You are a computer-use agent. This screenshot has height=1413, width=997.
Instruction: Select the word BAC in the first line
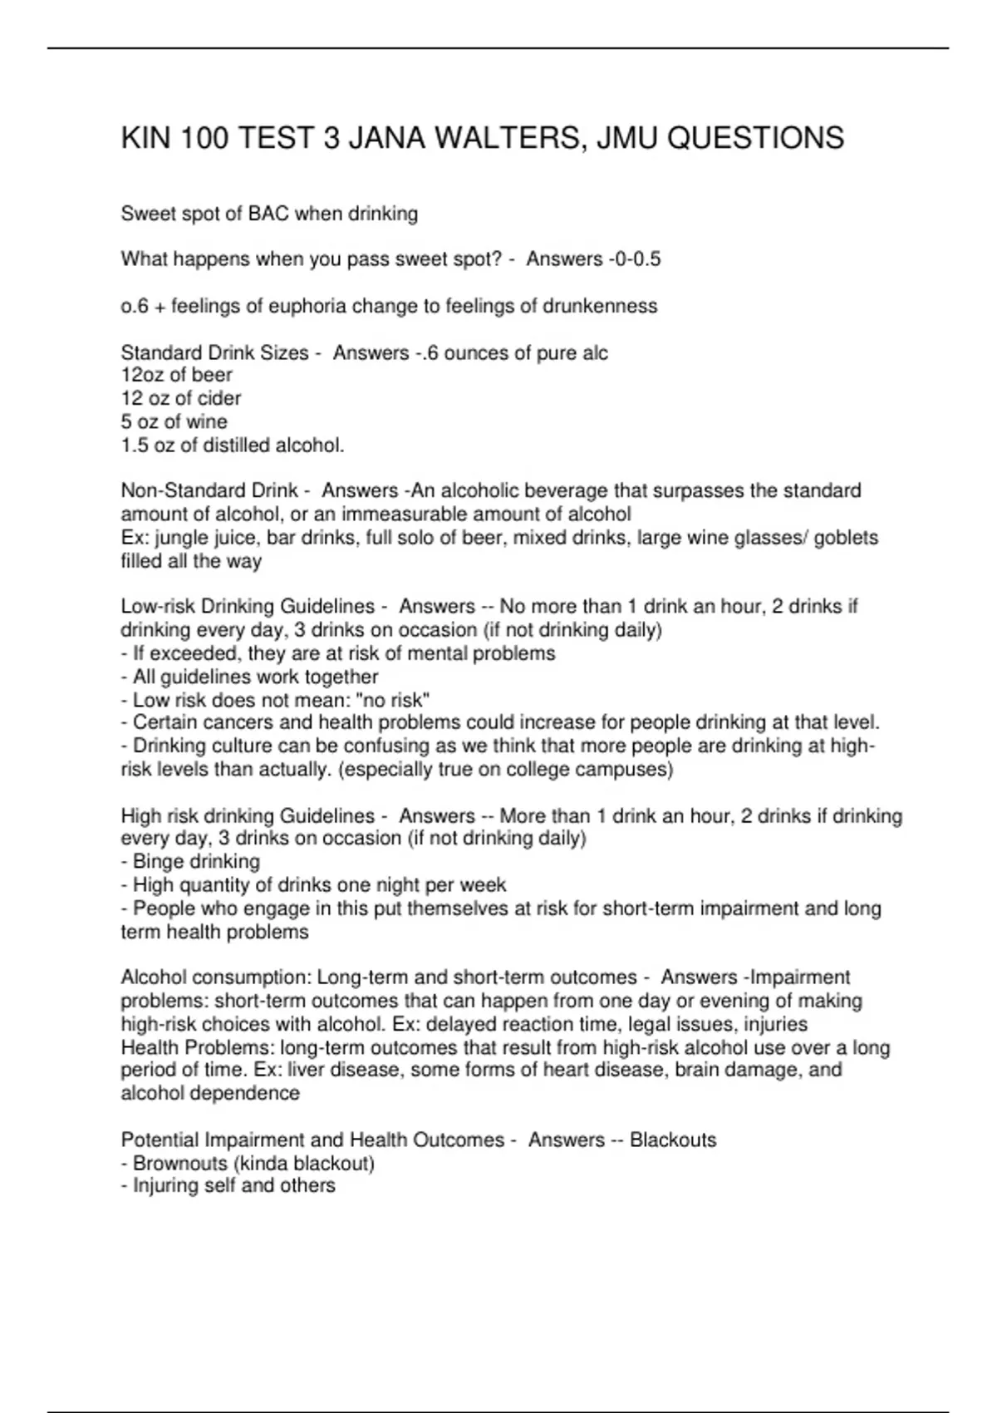pos(268,214)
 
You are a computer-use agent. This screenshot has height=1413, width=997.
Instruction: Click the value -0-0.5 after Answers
pos(635,259)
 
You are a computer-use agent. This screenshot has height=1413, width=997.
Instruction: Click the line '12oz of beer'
pos(176,375)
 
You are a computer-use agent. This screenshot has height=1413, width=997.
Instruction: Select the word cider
pos(219,398)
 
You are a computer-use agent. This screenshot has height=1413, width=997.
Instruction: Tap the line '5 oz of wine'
pos(174,421)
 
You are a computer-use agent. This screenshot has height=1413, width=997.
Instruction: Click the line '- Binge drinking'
pos(190,861)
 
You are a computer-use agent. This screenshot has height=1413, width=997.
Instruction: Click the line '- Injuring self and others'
pos(228,1185)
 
